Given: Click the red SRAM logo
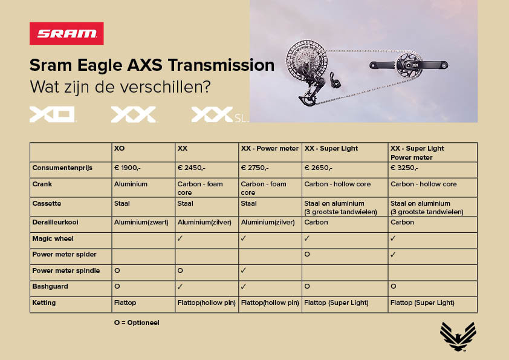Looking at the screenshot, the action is coord(66,33).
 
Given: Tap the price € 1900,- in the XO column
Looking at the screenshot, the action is coord(127,168).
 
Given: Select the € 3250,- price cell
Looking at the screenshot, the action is coord(404,168).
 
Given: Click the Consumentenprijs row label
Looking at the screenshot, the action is coord(62,168).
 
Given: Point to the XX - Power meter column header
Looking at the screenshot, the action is coord(270,148).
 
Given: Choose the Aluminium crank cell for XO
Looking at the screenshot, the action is coord(131,184).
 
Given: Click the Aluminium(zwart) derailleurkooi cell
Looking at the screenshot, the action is coord(141,223).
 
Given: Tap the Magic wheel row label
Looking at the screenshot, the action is coord(53,239).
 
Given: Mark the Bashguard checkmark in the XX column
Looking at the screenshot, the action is coord(180,287).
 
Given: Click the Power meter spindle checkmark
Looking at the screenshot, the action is coord(244,270).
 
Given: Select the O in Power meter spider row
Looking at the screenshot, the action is coord(307,254).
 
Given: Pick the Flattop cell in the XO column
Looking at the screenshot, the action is coord(125,303).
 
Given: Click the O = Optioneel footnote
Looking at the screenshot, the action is coord(137,322).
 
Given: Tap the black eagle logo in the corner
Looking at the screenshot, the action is coord(458,336).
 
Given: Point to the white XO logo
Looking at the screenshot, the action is coord(53,115).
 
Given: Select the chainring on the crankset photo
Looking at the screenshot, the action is coord(409,65).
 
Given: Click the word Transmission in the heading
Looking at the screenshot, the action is coord(221,65).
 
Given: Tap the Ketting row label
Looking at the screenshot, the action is coord(44,303).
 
